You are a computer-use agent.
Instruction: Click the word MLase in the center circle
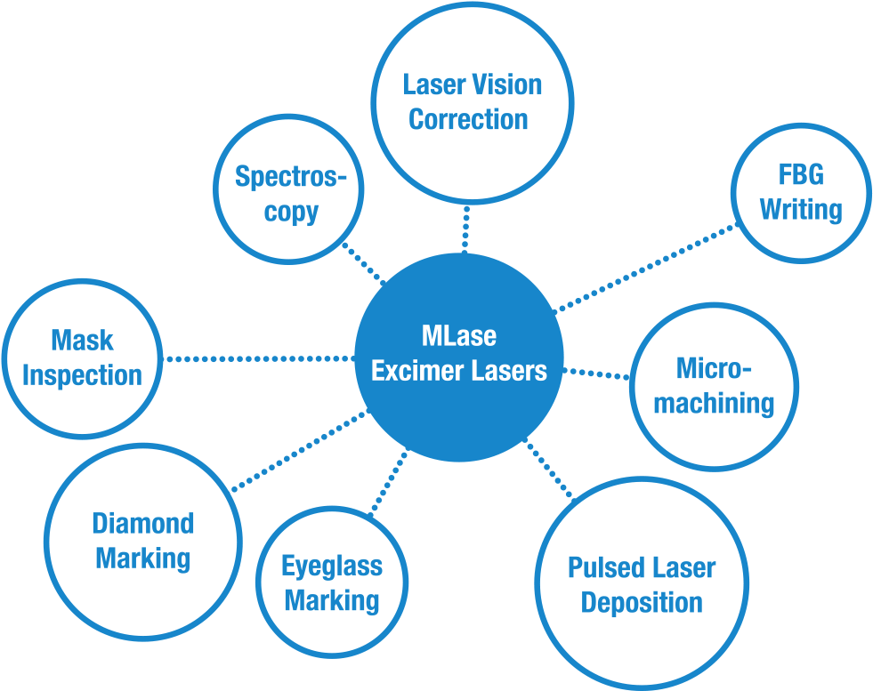click(458, 338)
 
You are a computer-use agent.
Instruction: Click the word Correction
click(468, 119)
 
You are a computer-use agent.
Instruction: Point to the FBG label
click(800, 175)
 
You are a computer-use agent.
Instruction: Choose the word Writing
click(800, 210)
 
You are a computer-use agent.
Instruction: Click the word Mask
click(82, 340)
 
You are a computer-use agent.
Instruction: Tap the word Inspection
click(82, 374)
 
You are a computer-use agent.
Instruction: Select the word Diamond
click(142, 523)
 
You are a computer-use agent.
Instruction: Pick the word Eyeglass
click(331, 566)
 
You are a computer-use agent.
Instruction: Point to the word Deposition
click(641, 603)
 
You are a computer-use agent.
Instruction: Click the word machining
click(714, 403)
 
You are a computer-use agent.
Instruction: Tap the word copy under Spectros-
click(291, 213)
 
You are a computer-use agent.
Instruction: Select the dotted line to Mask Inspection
click(258, 359)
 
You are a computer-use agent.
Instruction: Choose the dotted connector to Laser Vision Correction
click(465, 229)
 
